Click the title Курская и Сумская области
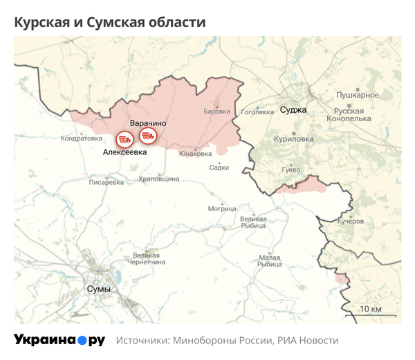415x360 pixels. [110, 22]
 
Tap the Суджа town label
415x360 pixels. [293, 109]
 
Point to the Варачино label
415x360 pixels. [147, 123]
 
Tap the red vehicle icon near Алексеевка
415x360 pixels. [125, 138]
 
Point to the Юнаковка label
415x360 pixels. [194, 154]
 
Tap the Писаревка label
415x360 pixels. [107, 183]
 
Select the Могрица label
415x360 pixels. [222, 208]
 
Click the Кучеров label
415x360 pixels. [350, 222]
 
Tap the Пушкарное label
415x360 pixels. [357, 94]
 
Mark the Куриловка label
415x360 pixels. [293, 139]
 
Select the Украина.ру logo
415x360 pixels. [59, 341]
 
